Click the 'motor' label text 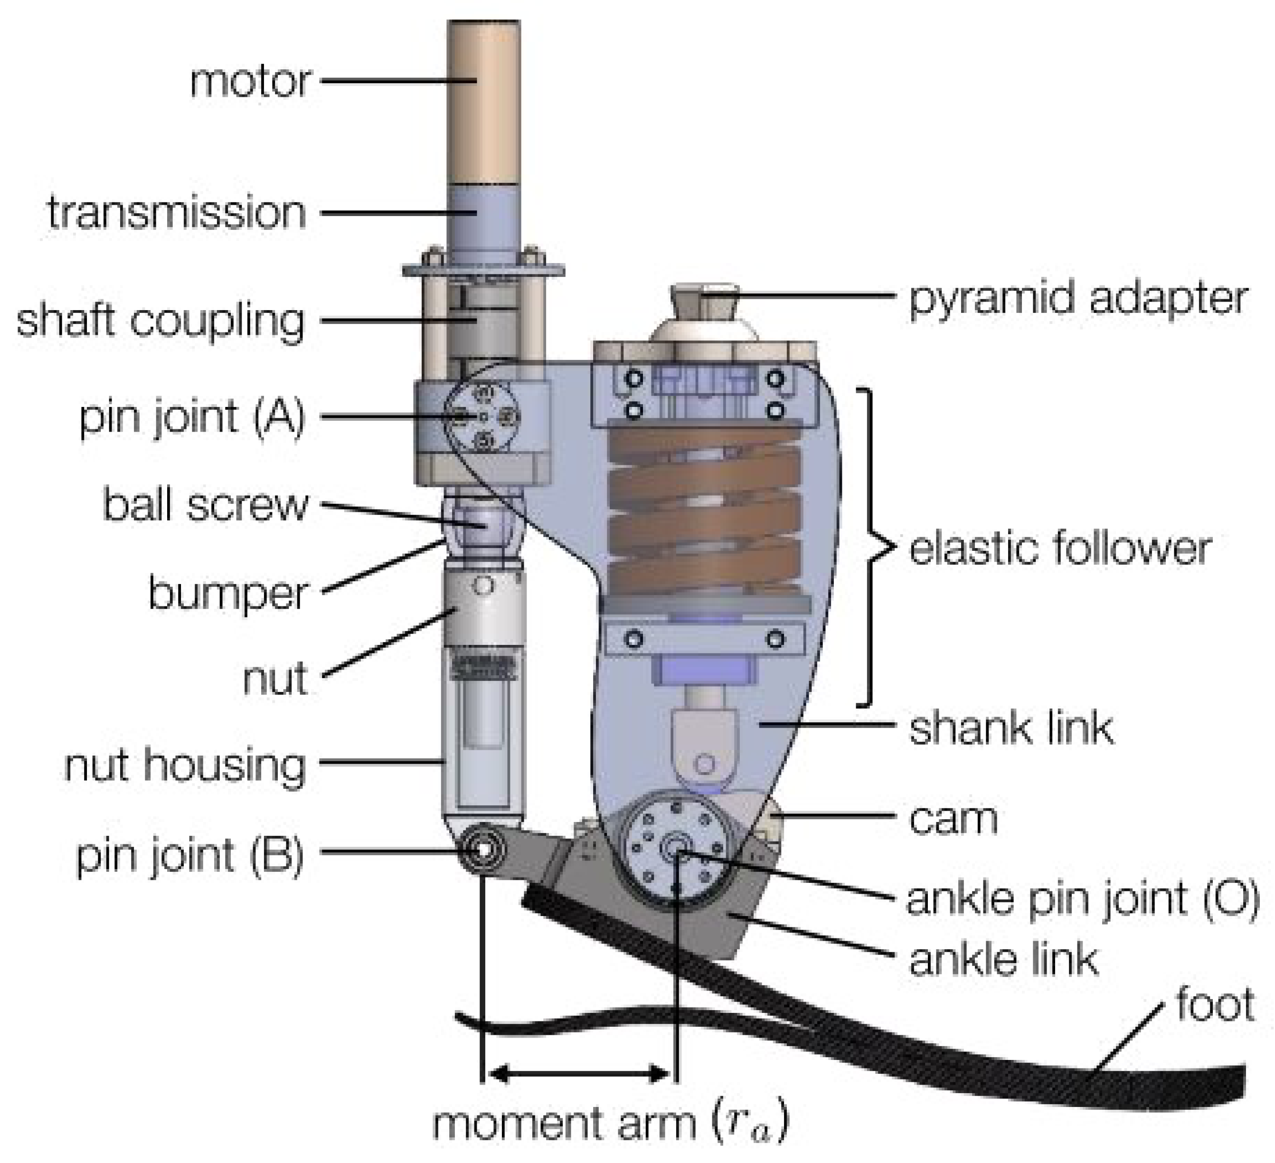coord(250,82)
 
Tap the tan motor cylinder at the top coord(484,101)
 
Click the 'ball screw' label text coord(205,505)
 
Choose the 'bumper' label coord(227,595)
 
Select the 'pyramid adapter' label coord(1078,297)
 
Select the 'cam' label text coord(953,820)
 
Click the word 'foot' coord(1215,1005)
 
